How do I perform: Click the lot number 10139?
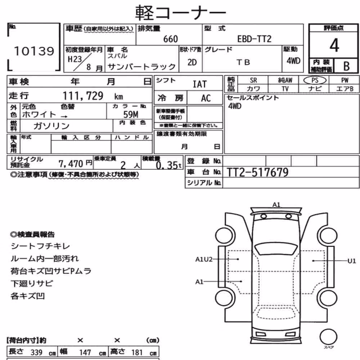(34, 51)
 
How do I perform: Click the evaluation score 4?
(334, 45)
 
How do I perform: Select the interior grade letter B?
(346, 66)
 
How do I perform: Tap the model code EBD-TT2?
(254, 39)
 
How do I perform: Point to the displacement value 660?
(170, 39)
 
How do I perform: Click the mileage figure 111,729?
(83, 96)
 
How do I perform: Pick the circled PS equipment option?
(315, 80)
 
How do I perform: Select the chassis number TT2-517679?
(257, 172)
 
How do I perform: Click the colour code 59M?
(131, 114)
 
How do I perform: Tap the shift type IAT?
(199, 84)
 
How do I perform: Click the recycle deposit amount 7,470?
(71, 164)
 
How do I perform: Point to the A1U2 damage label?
(204, 260)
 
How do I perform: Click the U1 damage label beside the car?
(351, 261)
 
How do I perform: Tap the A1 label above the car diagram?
(276, 204)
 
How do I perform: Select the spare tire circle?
(328, 337)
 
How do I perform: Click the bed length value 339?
(36, 352)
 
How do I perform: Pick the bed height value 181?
(137, 352)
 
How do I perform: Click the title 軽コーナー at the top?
(180, 13)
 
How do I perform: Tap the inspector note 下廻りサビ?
(32, 284)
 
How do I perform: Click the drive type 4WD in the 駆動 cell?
(293, 61)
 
